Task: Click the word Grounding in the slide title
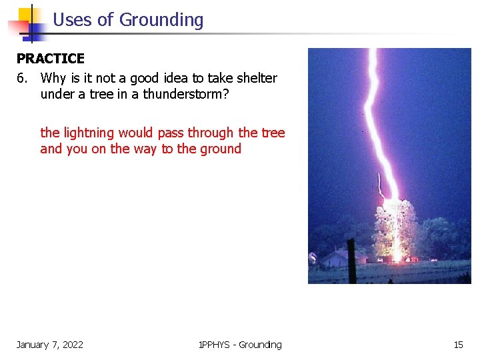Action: tap(161, 20)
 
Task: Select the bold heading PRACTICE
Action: tap(51, 59)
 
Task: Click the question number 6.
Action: tap(22, 78)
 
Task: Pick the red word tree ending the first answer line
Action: tap(273, 133)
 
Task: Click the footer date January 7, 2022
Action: tap(50, 345)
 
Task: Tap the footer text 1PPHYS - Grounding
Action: tap(240, 345)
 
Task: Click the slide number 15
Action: tap(458, 345)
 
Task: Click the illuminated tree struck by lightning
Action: tap(397, 230)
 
